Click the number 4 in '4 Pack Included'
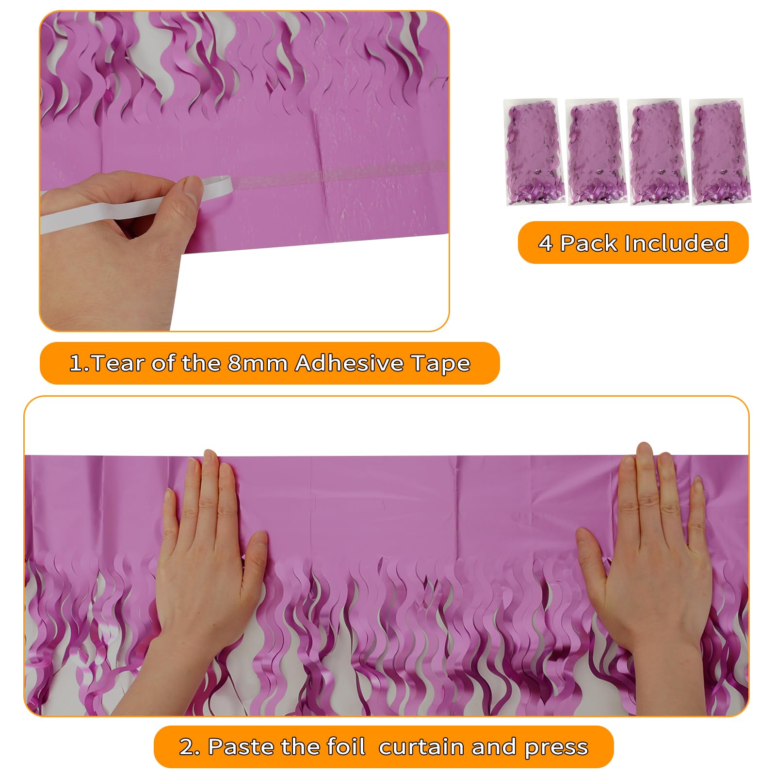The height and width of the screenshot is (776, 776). pyautogui.click(x=546, y=243)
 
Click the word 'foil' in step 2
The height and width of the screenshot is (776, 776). pyautogui.click(x=346, y=747)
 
